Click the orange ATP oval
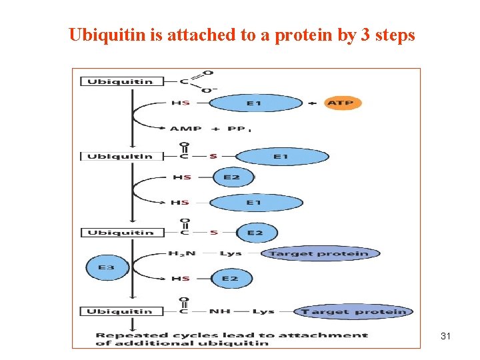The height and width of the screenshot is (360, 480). click(x=343, y=103)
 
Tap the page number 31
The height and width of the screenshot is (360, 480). click(x=446, y=337)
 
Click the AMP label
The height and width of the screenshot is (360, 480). click(x=185, y=129)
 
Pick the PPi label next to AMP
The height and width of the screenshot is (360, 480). click(x=238, y=129)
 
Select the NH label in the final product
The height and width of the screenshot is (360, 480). click(x=219, y=311)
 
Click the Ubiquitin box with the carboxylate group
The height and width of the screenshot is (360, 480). click(x=117, y=81)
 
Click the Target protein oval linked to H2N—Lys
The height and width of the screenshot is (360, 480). click(x=319, y=253)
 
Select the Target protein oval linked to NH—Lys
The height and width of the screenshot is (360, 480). click(x=354, y=311)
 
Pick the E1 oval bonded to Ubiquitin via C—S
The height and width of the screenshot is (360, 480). click(x=282, y=157)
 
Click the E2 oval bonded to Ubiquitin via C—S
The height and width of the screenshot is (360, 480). click(x=255, y=233)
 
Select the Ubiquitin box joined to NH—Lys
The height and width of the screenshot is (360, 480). click(x=117, y=311)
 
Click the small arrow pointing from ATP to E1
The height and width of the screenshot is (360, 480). click(x=313, y=103)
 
